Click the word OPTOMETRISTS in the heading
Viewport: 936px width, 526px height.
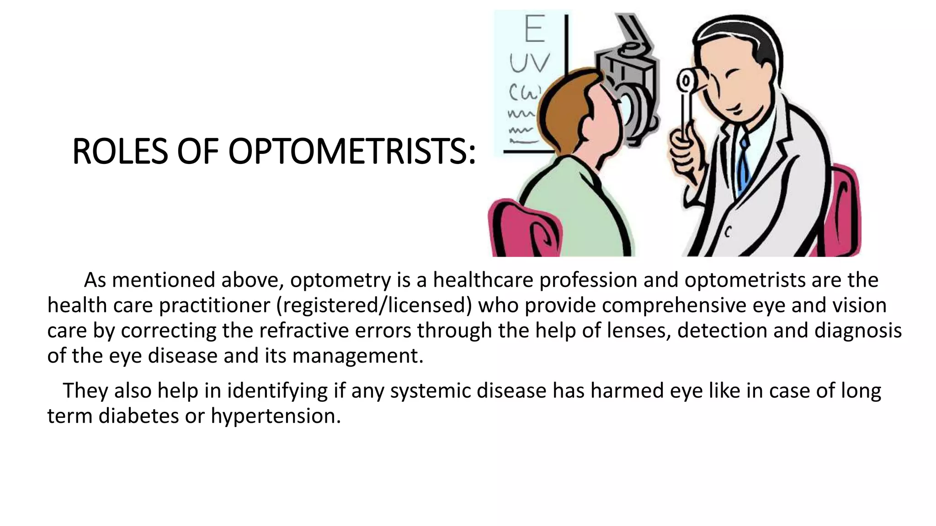click(x=351, y=152)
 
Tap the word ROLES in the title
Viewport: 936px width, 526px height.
click(x=120, y=152)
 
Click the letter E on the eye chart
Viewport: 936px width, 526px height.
click(x=534, y=29)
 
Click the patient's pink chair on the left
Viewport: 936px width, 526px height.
click(x=521, y=228)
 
